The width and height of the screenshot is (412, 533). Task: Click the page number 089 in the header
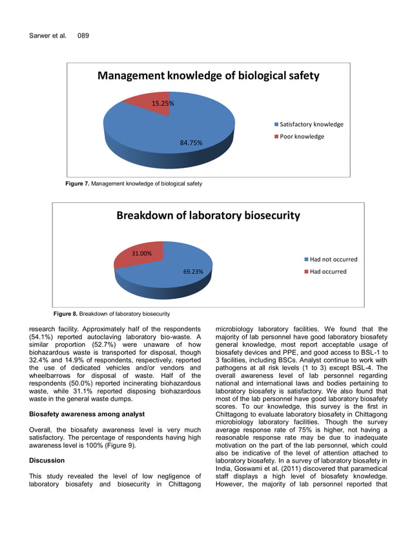(83, 36)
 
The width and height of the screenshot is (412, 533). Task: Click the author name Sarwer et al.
(48, 36)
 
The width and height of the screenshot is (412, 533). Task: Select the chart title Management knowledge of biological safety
(208, 76)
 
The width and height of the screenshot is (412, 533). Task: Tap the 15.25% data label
(162, 103)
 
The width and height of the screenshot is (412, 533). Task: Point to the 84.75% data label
(192, 142)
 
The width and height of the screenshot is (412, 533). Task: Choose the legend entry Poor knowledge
(302, 136)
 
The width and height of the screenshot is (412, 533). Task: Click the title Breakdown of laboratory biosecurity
(208, 216)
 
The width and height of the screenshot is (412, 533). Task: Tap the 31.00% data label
(141, 253)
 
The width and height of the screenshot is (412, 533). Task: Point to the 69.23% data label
(192, 272)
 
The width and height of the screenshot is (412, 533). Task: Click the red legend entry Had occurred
(328, 271)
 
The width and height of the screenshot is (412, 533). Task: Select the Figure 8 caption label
(65, 314)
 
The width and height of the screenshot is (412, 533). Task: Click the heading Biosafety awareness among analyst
(87, 413)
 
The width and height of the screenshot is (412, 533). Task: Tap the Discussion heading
(47, 461)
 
